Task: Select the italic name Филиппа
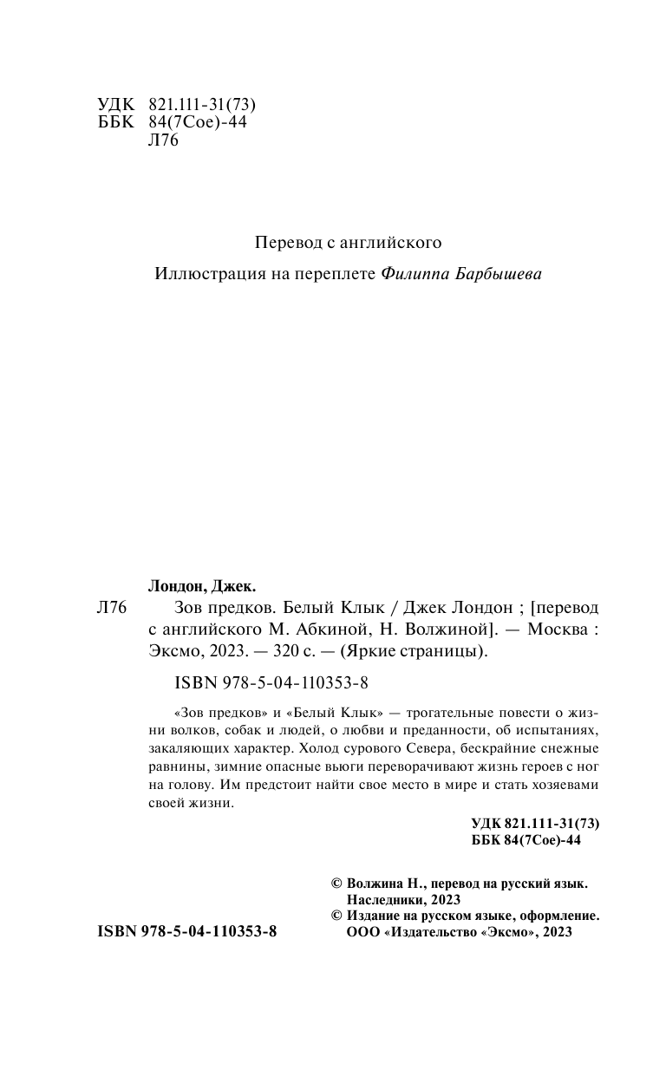coord(412,274)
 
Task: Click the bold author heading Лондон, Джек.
coord(204,585)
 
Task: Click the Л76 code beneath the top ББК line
coord(164,141)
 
